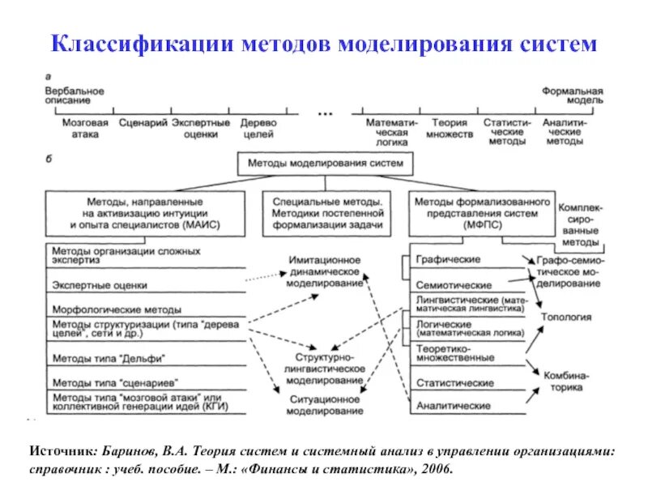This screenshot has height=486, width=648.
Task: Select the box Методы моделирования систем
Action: pyautogui.click(x=325, y=164)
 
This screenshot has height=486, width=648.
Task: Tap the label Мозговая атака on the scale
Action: pyautogui.click(x=79, y=128)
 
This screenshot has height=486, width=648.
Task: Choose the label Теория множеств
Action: pyautogui.click(x=450, y=128)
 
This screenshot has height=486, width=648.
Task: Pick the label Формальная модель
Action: pyautogui.click(x=572, y=96)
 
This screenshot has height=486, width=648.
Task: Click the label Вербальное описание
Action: pyautogui.click(x=75, y=96)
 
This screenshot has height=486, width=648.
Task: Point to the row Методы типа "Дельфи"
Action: pyautogui.click(x=100, y=357)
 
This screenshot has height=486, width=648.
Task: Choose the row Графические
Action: pyautogui.click(x=447, y=259)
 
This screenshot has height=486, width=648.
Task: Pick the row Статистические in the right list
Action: pyautogui.click(x=454, y=382)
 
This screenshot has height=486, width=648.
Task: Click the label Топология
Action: pyautogui.click(x=565, y=317)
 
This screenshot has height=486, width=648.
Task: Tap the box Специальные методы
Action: pyautogui.click(x=326, y=213)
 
